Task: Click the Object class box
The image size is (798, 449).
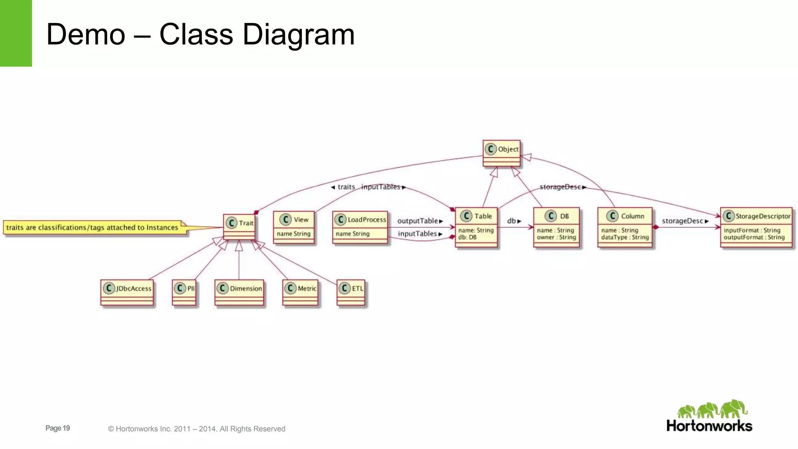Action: tap(501, 153)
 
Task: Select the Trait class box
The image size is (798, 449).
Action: tap(239, 227)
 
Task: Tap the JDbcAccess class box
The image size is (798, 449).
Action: tap(127, 292)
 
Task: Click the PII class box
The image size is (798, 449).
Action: tap(184, 292)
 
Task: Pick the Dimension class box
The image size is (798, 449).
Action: tap(239, 292)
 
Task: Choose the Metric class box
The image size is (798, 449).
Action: tap(300, 292)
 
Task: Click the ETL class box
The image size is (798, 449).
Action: tap(351, 292)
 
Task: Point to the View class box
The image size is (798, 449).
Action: tap(294, 227)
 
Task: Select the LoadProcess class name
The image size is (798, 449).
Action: tap(367, 220)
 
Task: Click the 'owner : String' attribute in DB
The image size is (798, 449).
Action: tap(556, 237)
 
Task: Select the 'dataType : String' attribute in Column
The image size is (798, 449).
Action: tap(625, 237)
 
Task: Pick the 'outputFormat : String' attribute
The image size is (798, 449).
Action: tap(754, 237)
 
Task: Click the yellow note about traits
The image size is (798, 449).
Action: tap(92, 228)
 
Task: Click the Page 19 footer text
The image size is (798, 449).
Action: tap(58, 428)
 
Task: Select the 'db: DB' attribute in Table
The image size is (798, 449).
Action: tap(467, 237)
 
